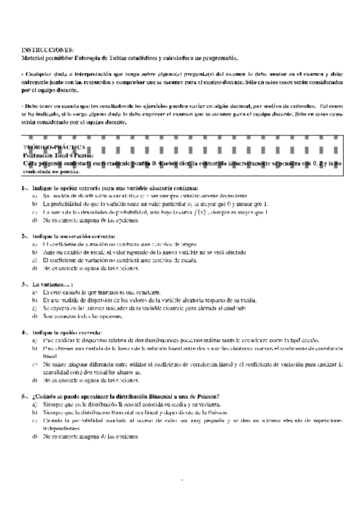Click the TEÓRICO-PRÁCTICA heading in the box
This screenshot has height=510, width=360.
coord(55,147)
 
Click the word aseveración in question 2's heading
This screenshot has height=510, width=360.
coord(75,236)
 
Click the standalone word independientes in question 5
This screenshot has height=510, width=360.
coord(64,429)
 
